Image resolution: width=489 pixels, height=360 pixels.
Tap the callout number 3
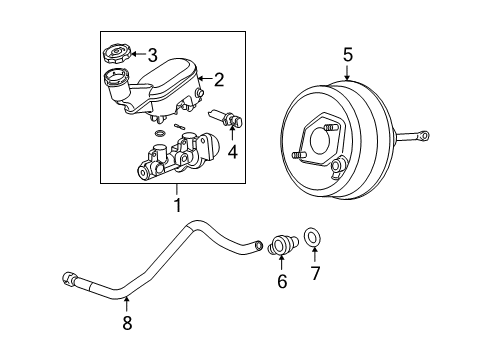pos(153,55)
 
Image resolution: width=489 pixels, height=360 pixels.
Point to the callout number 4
pos(232,153)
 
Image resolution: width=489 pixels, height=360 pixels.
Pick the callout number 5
pos(348,56)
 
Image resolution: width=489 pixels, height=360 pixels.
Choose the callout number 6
pos(282,282)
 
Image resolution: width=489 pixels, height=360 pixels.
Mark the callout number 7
pos(315,272)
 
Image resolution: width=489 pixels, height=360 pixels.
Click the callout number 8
pos(126,323)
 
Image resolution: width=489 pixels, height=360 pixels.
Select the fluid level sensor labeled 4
pos(231,123)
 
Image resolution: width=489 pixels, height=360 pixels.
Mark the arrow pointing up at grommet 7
pos(315,256)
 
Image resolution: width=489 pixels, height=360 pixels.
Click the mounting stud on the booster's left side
pos(300,156)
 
